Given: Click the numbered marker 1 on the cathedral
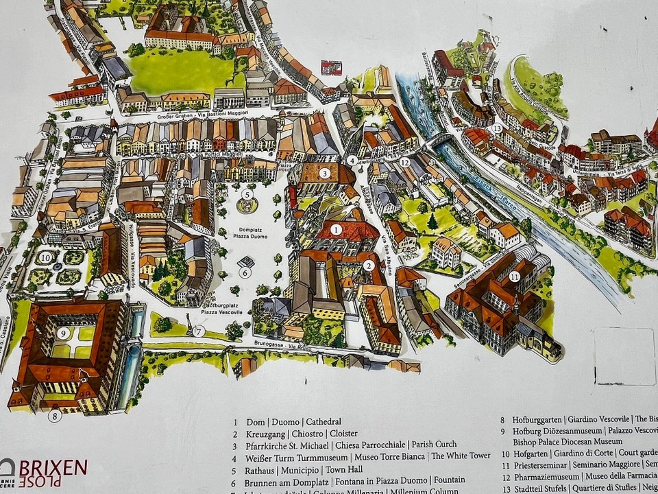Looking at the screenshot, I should pyautogui.click(x=337, y=229).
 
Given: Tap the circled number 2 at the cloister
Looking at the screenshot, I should pyautogui.click(x=368, y=266).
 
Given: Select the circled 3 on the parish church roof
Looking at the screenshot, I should pyautogui.click(x=324, y=174).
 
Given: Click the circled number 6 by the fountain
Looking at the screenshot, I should pyautogui.click(x=245, y=272).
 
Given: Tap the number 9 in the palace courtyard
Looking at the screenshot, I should pyautogui.click(x=62, y=333).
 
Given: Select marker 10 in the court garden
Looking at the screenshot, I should pyautogui.click(x=45, y=257).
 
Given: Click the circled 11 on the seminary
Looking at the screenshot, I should pyautogui.click(x=515, y=277).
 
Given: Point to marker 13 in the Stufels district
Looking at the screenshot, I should pyautogui.click(x=497, y=128).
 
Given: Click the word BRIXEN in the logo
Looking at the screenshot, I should pyautogui.click(x=53, y=468).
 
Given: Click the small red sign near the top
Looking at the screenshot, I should pyautogui.click(x=331, y=68).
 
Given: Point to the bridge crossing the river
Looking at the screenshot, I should pyautogui.click(x=441, y=141).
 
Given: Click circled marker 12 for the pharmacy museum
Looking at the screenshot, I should pyautogui.click(x=405, y=163).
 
